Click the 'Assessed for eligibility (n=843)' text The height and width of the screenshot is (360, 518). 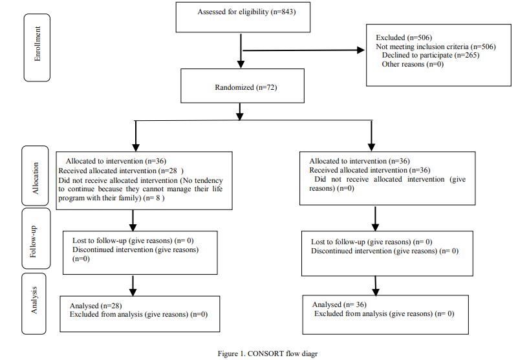tap(246, 12)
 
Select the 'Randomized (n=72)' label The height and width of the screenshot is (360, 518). tap(246, 87)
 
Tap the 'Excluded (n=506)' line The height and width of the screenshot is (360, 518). tap(404, 37)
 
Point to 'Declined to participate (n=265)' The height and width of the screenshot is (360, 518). tap(431, 55)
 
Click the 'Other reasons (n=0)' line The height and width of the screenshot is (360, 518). tap(413, 64)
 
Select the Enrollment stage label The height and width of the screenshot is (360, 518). tap(38, 44)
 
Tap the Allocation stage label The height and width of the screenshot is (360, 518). tap(35, 178)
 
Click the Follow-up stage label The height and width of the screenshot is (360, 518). tap(33, 242)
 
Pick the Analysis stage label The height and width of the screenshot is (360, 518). tap(34, 301)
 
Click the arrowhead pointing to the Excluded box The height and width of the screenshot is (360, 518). tap(361, 50)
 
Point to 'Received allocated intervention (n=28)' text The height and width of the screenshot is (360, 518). tap(121, 171)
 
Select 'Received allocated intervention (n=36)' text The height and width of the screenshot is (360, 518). tap(370, 170)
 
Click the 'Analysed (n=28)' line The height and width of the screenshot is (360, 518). tap(96, 306)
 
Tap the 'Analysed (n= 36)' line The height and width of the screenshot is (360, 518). tap(340, 304)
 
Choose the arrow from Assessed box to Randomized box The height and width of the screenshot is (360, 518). tap(241, 51)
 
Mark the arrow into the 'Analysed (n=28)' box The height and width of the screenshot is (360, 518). tap(133, 286)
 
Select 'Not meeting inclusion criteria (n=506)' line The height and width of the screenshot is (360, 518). tap(436, 47)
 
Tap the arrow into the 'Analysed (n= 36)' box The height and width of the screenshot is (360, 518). tap(376, 286)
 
